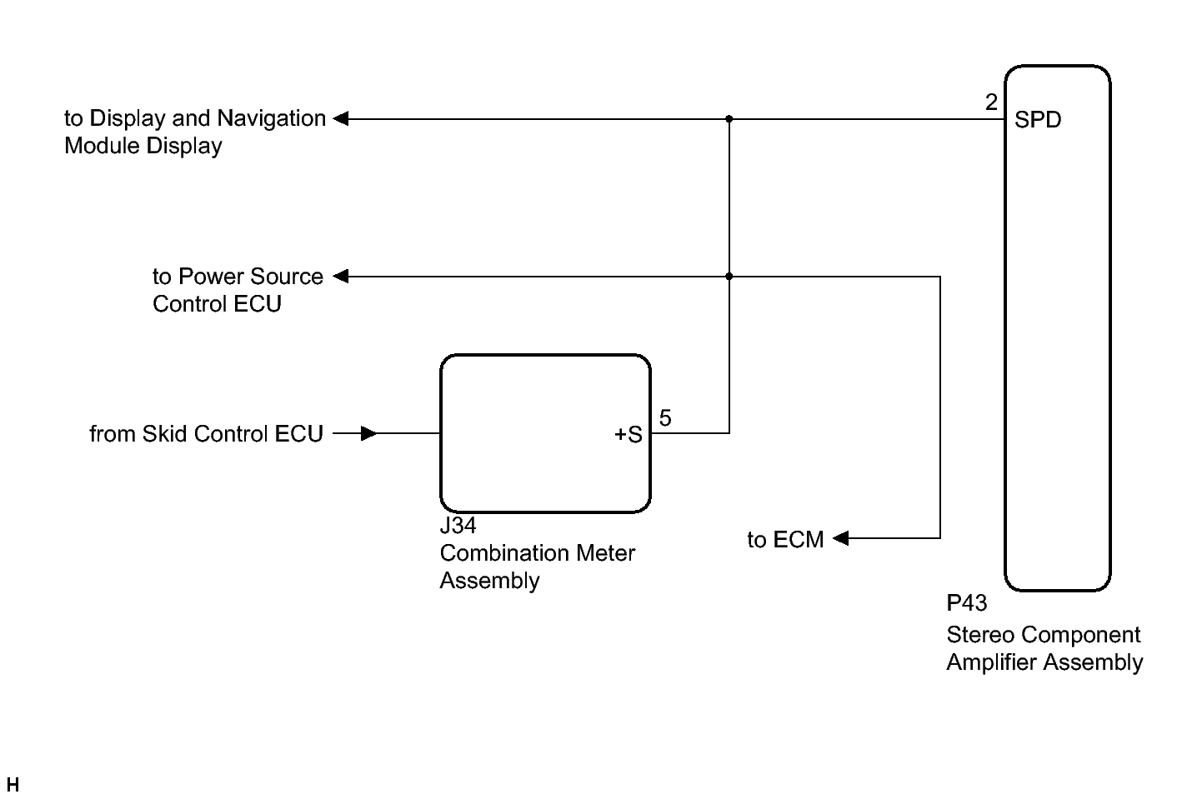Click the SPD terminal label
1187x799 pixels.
[x=1038, y=120]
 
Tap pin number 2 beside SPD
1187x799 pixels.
[x=991, y=102]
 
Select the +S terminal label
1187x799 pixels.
[x=629, y=435]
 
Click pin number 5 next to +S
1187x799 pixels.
[x=665, y=417]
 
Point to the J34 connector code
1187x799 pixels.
[x=458, y=525]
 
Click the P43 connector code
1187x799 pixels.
[x=967, y=602]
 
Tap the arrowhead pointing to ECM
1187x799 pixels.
[x=841, y=538]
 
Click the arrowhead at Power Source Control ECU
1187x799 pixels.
[x=341, y=276]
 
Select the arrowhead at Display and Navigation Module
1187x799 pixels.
[x=341, y=118]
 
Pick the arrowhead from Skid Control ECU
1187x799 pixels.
[x=368, y=433]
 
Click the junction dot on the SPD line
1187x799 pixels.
[x=729, y=119]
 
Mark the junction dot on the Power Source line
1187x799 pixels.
[x=729, y=277]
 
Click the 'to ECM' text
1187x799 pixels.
[x=785, y=540]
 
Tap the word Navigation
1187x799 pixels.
[x=271, y=118]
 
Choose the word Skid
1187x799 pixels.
[x=164, y=433]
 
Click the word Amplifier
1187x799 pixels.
[x=992, y=662]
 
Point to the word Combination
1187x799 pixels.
[x=504, y=552]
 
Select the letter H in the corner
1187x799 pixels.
[x=13, y=784]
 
